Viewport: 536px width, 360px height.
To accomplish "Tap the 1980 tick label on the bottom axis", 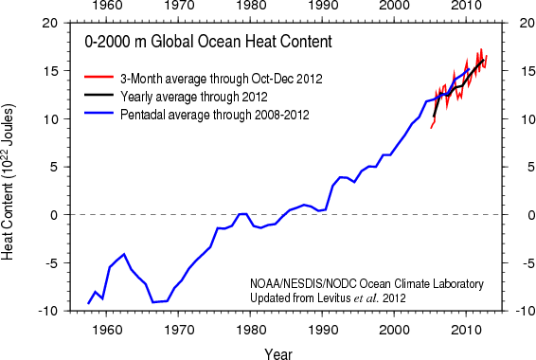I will [249, 328].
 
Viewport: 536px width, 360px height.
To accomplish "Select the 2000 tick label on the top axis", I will [393, 9].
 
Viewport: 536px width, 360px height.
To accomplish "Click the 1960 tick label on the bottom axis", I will [105, 328].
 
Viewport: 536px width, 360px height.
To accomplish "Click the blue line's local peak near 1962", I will [124, 254].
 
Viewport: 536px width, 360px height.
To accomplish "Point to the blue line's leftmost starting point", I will [88, 303].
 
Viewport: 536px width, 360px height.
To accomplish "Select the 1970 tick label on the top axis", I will [177, 9].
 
